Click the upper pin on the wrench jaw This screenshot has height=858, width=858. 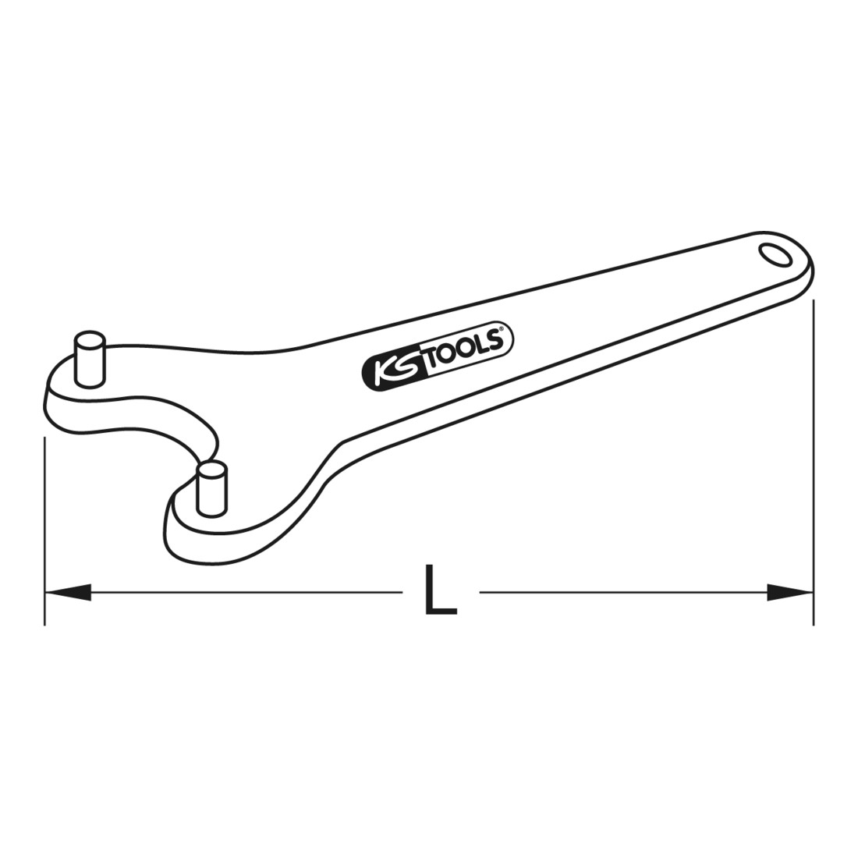[89, 359]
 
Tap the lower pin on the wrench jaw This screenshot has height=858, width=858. [211, 488]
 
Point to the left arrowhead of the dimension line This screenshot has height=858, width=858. [68, 591]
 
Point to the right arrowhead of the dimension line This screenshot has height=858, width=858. [790, 591]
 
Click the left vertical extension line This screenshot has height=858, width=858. [44, 530]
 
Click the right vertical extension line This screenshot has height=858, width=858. [814, 463]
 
